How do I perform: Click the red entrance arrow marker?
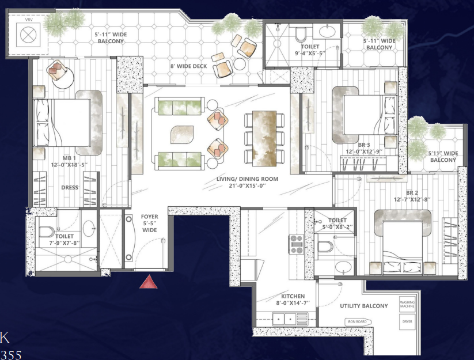(x=150, y=281)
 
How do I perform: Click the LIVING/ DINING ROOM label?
(x=247, y=183)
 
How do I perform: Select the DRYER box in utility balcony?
(x=407, y=322)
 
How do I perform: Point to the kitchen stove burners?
(x=297, y=244)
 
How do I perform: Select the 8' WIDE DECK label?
(x=188, y=67)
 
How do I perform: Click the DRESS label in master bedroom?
(x=69, y=187)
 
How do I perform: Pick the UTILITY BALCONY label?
(x=363, y=306)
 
